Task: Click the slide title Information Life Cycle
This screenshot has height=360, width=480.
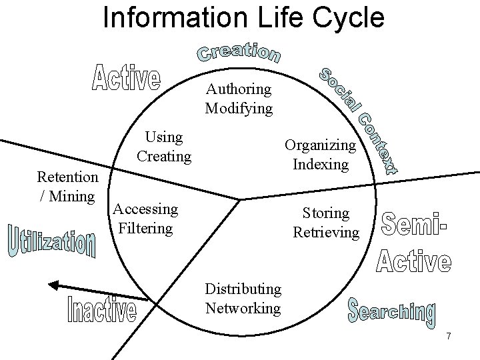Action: (243, 17)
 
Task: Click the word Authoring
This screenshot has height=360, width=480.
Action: (239, 89)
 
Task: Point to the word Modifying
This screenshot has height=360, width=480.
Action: (239, 107)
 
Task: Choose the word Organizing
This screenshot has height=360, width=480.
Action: (321, 145)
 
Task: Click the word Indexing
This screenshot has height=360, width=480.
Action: (321, 163)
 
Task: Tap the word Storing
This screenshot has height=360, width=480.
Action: (326, 213)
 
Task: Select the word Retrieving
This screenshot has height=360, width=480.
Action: (326, 232)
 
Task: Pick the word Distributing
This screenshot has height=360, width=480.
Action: (243, 289)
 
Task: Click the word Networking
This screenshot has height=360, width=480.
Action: (243, 307)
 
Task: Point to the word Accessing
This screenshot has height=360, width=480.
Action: (145, 209)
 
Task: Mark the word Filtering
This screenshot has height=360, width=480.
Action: (145, 228)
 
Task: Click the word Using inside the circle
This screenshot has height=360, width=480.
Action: (164, 137)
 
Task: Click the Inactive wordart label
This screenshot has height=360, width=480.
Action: (103, 307)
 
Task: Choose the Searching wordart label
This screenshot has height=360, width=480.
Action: (392, 313)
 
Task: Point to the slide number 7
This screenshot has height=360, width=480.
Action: (449, 337)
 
